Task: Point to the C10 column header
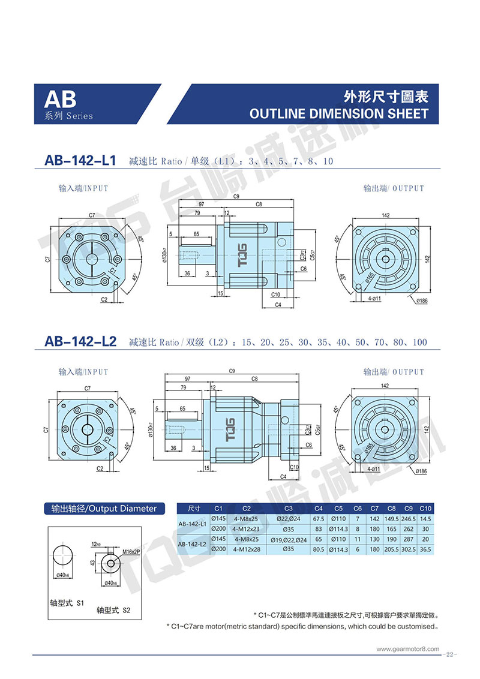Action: point(425,509)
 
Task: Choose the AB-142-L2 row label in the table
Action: point(193,544)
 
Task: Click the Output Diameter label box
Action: point(104,509)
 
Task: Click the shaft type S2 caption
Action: point(114,610)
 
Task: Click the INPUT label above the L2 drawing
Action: point(83,372)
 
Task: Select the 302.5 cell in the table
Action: point(409,549)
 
